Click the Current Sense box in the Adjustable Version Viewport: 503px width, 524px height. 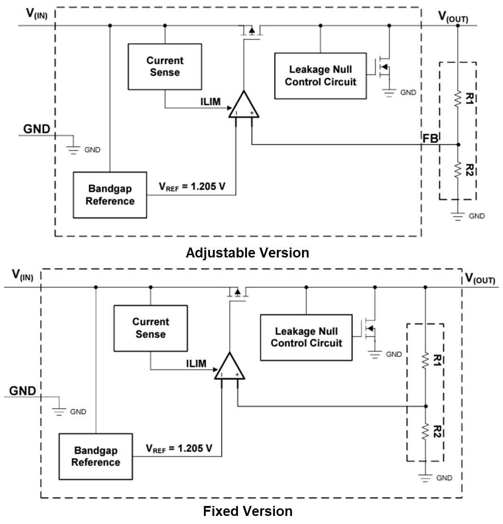(165, 66)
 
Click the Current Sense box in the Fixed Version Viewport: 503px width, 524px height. (150, 328)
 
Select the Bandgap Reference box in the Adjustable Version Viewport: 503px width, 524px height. (110, 195)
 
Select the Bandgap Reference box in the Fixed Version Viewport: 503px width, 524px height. (95, 456)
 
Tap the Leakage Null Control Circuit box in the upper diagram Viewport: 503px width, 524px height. (320, 75)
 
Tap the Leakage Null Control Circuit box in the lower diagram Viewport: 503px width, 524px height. (306, 337)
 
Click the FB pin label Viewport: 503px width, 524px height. (430, 139)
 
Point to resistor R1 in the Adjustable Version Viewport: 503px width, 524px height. (457, 99)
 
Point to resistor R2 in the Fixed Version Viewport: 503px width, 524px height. (425, 431)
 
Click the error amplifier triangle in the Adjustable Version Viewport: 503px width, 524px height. (244, 106)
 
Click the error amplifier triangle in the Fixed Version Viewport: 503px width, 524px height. (229, 367)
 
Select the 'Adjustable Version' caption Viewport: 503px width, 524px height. (247, 253)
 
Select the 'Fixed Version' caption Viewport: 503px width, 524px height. (247, 511)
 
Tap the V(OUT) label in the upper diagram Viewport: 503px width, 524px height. (453, 18)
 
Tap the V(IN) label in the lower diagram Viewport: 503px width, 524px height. (22, 275)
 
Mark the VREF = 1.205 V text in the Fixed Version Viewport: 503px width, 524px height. (179, 448)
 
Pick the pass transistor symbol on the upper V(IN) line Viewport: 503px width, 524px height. (252, 31)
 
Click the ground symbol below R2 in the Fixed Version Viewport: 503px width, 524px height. (425, 478)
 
